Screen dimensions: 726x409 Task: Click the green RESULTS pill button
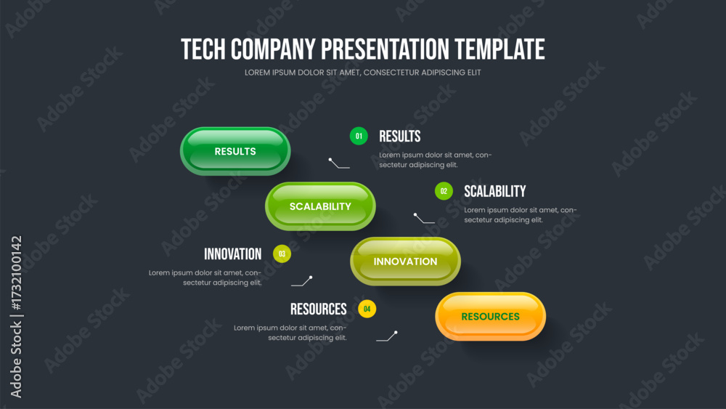click(x=235, y=151)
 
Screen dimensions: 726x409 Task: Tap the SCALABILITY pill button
click(x=320, y=206)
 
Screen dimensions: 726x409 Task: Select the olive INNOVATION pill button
click(x=406, y=262)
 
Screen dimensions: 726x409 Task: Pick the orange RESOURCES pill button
click(x=490, y=316)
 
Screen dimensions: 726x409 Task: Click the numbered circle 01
click(x=359, y=136)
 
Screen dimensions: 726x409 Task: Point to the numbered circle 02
click(x=444, y=191)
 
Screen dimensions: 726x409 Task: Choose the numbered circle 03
click(x=282, y=254)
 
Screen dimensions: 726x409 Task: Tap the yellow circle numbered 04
click(x=367, y=309)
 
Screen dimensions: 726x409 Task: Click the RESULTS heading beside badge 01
click(x=400, y=136)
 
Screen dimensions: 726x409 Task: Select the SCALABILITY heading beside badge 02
click(x=495, y=191)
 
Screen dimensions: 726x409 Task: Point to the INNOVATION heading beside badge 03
click(x=233, y=254)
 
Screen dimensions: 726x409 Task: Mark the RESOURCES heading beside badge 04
click(x=319, y=309)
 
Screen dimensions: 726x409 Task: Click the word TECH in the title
click(x=204, y=49)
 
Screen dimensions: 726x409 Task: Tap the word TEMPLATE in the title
click(x=499, y=49)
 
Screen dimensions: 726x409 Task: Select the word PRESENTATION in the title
click(x=385, y=49)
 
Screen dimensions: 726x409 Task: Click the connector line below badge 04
click(x=387, y=337)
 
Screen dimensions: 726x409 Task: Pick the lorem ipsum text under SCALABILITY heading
click(x=521, y=215)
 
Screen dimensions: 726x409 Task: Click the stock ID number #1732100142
click(x=17, y=273)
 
